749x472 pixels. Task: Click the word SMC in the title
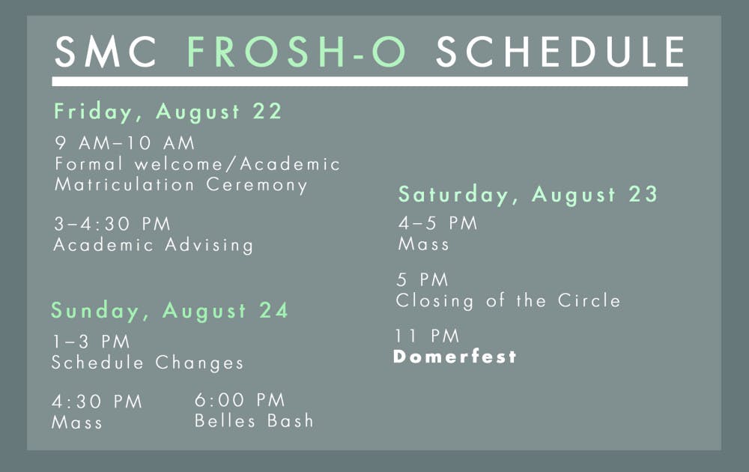[106, 51]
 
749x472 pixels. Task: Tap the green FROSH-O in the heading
[297, 51]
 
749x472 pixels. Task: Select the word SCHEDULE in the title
[561, 51]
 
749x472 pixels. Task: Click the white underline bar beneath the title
[370, 81]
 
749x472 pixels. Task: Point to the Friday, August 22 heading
[168, 112]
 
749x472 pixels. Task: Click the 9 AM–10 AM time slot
[124, 143]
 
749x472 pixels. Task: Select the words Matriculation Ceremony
[181, 185]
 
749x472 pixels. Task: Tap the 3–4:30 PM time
[112, 223]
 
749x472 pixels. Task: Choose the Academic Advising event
[154, 245]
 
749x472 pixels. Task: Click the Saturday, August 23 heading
[528, 195]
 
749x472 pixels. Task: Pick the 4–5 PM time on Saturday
[437, 223]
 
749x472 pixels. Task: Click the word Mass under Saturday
[424, 244]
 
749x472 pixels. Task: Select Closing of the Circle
[509, 301]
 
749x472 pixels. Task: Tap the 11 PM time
[427, 336]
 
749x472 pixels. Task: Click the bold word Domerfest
[455, 357]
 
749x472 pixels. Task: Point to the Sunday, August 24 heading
[170, 311]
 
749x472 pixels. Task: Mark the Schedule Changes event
[148, 363]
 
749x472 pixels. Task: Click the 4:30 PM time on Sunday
[97, 402]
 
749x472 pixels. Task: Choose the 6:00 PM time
[240, 400]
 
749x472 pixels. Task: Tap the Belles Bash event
[254, 421]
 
